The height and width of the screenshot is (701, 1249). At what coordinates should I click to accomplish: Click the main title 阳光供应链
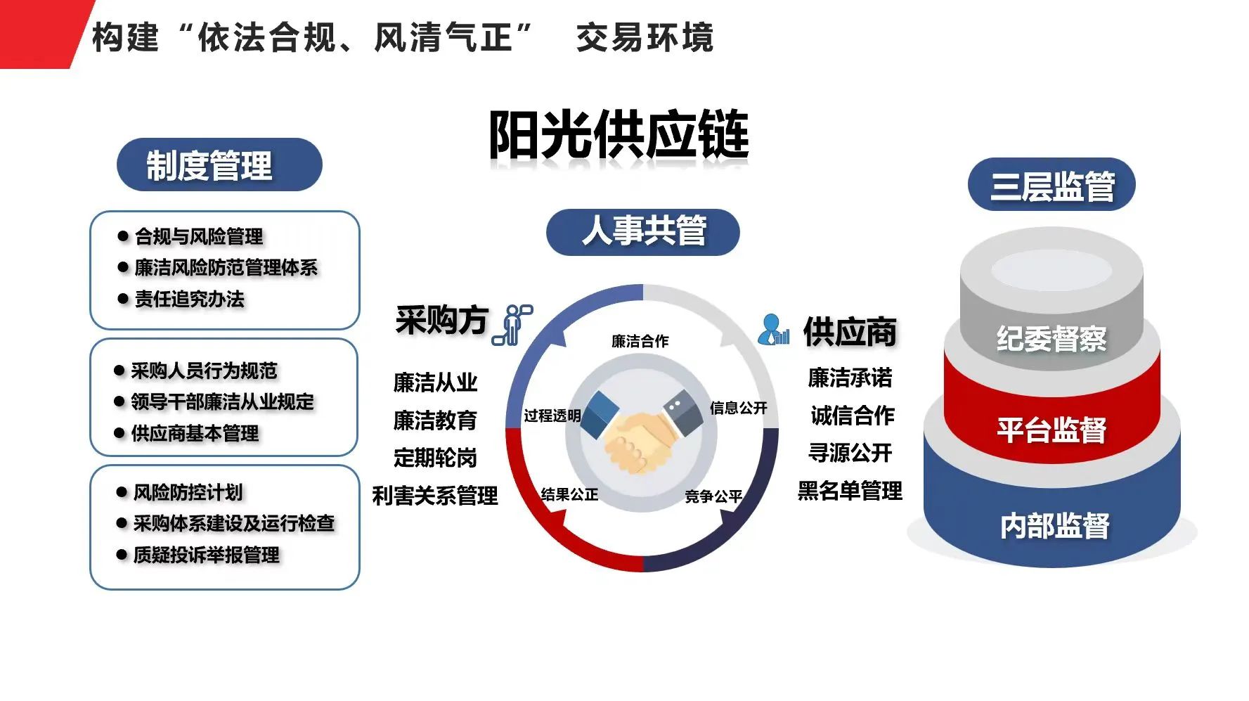[x=619, y=134]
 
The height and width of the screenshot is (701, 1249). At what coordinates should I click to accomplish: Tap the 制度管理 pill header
[x=219, y=165]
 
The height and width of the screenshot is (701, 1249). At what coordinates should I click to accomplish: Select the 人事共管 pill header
[x=643, y=231]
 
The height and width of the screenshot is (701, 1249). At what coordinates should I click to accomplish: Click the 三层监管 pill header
[x=1051, y=185]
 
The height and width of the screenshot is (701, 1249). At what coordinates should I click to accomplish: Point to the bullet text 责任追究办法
[x=190, y=299]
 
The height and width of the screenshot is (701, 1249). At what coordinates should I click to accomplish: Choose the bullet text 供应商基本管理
[x=195, y=433]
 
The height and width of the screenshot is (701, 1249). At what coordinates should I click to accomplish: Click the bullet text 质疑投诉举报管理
[x=207, y=555]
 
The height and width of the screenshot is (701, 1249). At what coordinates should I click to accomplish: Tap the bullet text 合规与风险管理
[x=199, y=236]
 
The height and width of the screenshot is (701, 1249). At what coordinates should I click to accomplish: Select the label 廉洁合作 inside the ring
[x=640, y=341]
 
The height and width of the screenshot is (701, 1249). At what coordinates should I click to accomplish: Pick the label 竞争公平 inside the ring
[x=713, y=496]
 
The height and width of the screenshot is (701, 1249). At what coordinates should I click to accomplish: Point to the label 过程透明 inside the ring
[x=552, y=416]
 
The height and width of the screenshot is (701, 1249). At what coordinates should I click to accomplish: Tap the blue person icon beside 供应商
[x=774, y=329]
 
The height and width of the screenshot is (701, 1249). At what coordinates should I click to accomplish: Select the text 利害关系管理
[x=435, y=496]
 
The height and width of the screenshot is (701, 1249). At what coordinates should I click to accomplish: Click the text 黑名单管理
[x=850, y=490]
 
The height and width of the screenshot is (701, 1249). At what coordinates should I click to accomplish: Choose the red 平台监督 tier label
[x=1051, y=430]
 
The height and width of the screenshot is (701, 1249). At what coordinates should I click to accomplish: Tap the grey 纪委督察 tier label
[x=1051, y=339]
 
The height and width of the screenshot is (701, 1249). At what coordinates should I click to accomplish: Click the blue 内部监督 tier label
[x=1054, y=526]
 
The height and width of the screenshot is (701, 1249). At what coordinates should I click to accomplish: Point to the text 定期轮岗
[x=435, y=458]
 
